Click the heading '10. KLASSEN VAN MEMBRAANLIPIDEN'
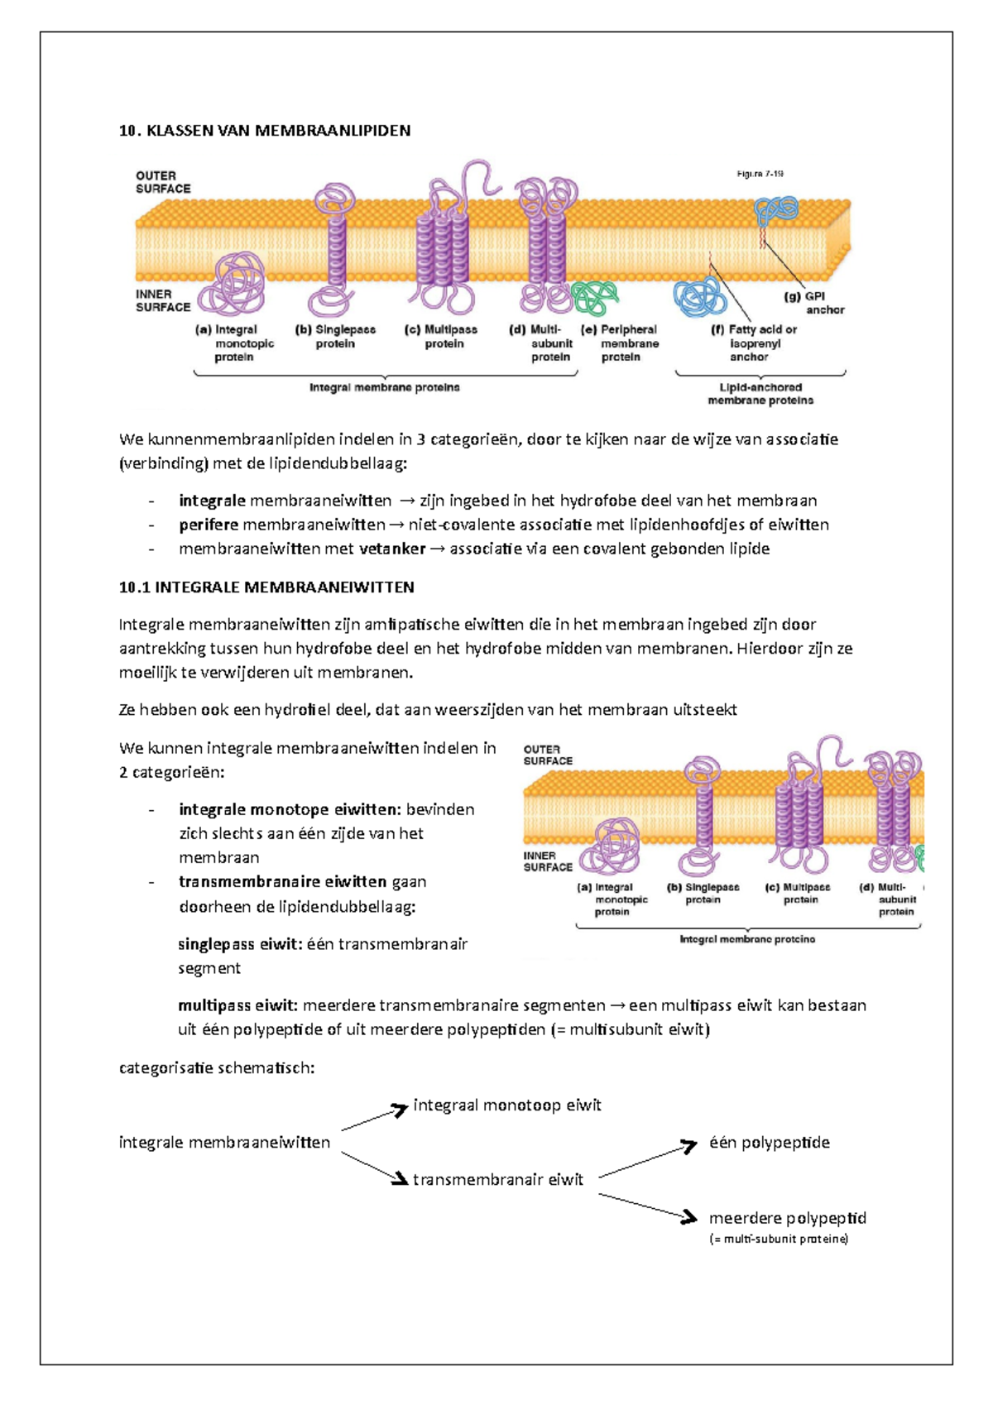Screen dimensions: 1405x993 [x=265, y=131]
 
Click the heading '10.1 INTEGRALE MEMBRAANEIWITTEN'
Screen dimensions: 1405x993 [x=266, y=587]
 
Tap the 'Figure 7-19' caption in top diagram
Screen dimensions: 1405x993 [x=760, y=174]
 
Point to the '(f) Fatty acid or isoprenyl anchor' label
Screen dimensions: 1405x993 [x=754, y=343]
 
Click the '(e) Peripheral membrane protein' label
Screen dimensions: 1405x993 [x=621, y=343]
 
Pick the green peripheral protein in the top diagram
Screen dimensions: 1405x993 [x=595, y=297]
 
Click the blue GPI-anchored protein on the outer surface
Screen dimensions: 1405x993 [x=775, y=211]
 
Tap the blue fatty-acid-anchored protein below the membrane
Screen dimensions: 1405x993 [x=699, y=296]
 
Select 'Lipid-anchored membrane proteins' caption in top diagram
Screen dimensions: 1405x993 [x=760, y=394]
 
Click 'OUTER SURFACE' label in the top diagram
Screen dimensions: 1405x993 [x=163, y=182]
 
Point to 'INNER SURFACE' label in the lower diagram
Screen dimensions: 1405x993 [x=548, y=861]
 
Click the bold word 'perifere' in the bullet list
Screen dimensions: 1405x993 [x=209, y=525]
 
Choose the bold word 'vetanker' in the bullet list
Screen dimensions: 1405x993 [x=392, y=549]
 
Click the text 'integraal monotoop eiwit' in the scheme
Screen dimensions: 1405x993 [x=506, y=1105]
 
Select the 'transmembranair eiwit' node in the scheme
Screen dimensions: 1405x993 [x=497, y=1180]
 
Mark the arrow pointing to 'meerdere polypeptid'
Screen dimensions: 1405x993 [x=647, y=1207]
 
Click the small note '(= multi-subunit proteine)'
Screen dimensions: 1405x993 [x=778, y=1239]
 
